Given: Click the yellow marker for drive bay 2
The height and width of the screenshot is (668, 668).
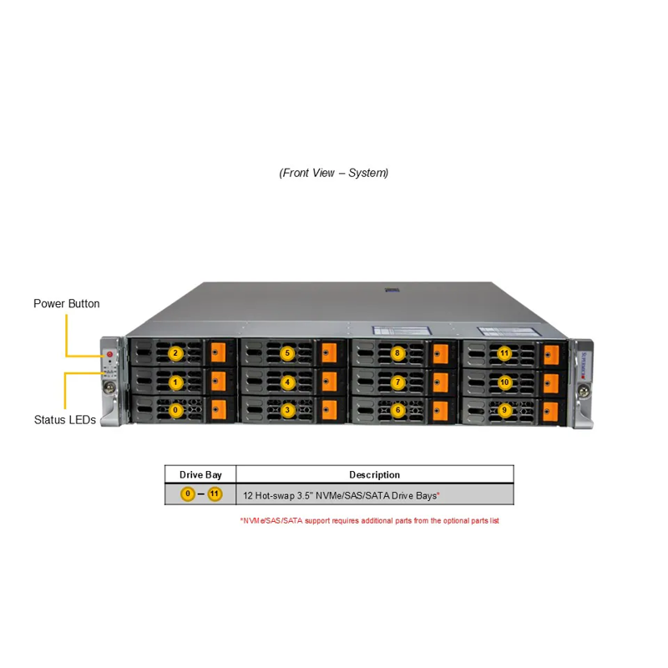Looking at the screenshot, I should [175, 353].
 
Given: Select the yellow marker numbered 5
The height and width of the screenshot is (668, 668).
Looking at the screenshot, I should [287, 353].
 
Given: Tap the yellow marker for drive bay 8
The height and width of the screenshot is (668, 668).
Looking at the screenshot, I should [398, 353].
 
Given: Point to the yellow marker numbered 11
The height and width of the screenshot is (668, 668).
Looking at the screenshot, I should [504, 353].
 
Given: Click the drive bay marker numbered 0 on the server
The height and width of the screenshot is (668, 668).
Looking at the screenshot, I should [175, 410].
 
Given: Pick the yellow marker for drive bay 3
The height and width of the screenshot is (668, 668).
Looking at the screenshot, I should [287, 410].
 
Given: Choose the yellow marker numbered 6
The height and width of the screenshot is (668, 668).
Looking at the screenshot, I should [398, 410].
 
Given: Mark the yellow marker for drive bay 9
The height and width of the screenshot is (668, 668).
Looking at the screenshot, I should [504, 410].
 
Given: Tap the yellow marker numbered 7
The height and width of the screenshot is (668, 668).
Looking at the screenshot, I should [398, 382].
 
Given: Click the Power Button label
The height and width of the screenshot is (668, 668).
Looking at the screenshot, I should [66, 303].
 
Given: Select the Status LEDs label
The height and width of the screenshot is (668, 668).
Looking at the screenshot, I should [64, 419].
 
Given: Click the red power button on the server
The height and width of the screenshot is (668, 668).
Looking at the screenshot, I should [109, 354].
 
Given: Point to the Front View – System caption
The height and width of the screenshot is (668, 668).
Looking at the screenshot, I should [334, 173].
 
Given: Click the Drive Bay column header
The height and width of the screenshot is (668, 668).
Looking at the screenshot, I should [201, 474].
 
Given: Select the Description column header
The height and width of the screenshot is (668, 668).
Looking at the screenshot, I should [374, 474].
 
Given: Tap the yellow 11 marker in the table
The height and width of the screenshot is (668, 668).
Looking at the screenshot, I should [215, 494].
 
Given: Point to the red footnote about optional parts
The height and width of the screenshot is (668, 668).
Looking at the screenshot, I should [369, 520].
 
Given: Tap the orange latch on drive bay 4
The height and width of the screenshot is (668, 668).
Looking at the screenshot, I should [328, 382].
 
